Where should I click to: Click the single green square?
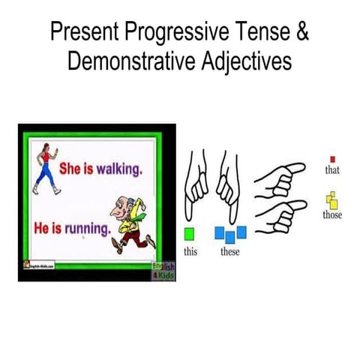click(190, 232)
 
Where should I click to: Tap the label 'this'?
click(190, 251)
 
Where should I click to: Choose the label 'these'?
click(230, 251)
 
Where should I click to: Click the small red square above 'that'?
click(332, 159)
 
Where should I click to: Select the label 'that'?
click(332, 170)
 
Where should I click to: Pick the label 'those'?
click(332, 215)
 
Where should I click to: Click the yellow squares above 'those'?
click(332, 201)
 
